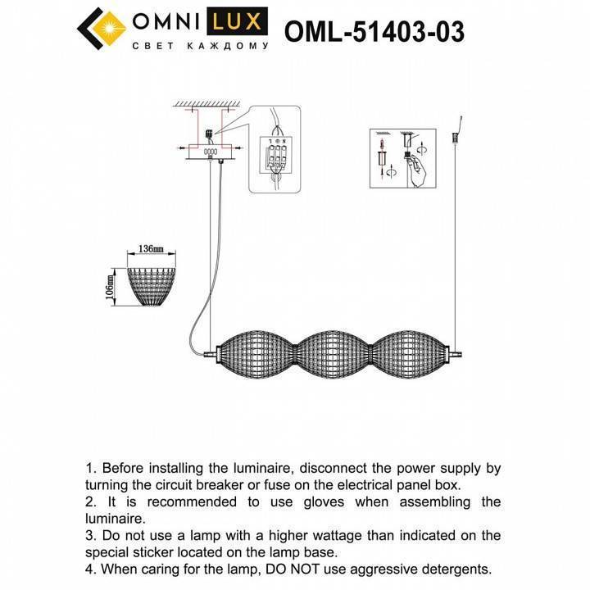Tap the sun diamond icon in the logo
(x=102, y=29)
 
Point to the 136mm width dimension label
(x=152, y=248)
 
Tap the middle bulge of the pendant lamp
(x=334, y=354)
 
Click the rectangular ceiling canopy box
(x=211, y=152)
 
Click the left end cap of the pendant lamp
(x=213, y=354)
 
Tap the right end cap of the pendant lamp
(x=455, y=354)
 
